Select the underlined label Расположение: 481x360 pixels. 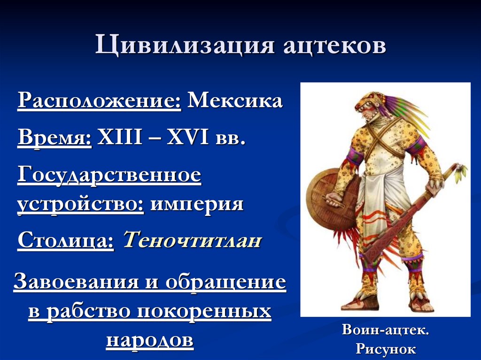99,101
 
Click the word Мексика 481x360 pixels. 235,100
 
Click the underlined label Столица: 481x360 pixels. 66,242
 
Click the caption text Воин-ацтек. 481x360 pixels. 385,330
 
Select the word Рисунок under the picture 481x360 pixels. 385,349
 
